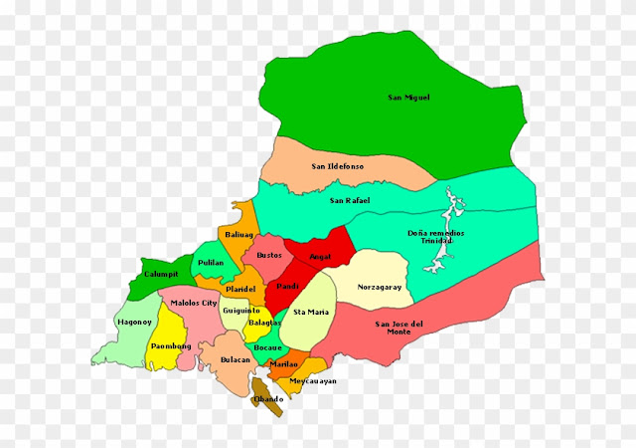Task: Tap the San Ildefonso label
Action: (x=337, y=166)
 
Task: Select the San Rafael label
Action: (x=350, y=201)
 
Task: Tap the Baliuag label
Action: (x=239, y=235)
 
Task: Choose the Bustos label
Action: (x=269, y=255)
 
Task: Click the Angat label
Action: (x=320, y=256)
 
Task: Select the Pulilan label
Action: (x=211, y=263)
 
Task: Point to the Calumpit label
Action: (x=160, y=274)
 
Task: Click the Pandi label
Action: (x=287, y=287)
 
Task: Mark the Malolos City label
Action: (x=194, y=302)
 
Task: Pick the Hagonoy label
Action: (x=133, y=323)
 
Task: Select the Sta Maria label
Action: (x=311, y=313)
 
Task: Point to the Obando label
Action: (x=267, y=399)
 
